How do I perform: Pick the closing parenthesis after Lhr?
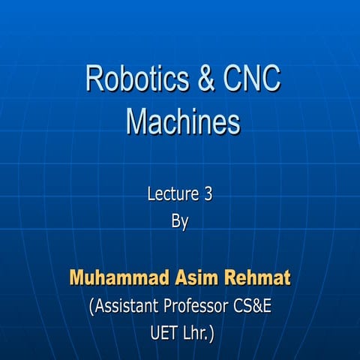coord(213,332)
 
